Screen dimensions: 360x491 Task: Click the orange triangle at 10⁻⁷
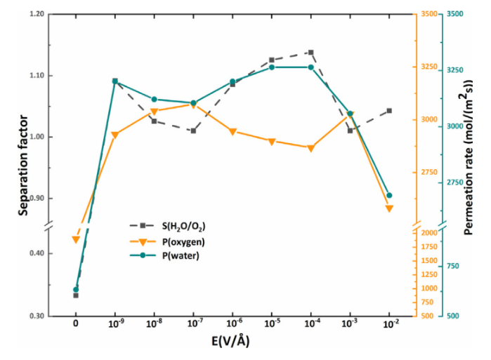pyautogui.click(x=193, y=105)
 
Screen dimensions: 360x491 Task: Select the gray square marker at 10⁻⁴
pyautogui.click(x=310, y=53)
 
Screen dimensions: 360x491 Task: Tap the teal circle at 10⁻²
pyautogui.click(x=389, y=195)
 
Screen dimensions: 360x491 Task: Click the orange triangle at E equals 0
pyautogui.click(x=75, y=239)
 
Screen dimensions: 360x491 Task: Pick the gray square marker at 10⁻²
pyautogui.click(x=389, y=111)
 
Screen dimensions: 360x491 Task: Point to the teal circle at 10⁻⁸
pyautogui.click(x=154, y=99)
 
